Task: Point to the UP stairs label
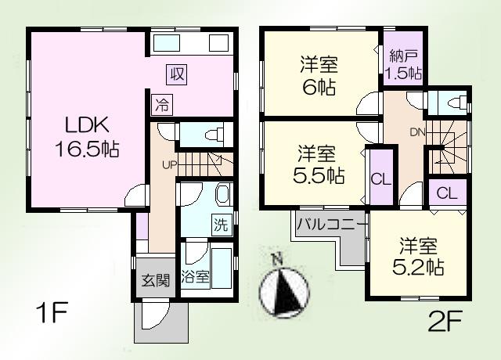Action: pyautogui.click(x=168, y=164)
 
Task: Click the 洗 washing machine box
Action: pyautogui.click(x=222, y=225)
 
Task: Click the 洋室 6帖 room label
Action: pyautogui.click(x=319, y=74)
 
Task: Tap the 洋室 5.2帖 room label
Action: pyautogui.click(x=418, y=255)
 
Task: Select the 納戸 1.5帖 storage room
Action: pyautogui.click(x=403, y=65)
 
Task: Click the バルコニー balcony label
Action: pyautogui.click(x=331, y=225)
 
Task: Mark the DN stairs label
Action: pyautogui.click(x=418, y=131)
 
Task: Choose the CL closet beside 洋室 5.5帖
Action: pyautogui.click(x=380, y=178)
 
